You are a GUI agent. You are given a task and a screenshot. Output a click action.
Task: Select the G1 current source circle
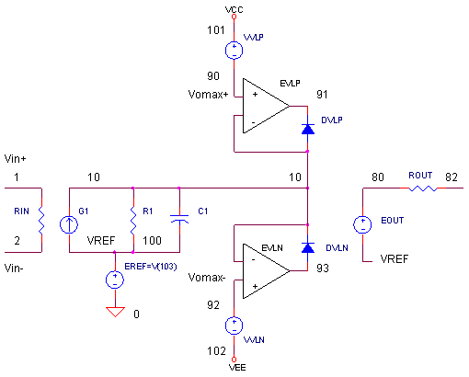coord(69,223)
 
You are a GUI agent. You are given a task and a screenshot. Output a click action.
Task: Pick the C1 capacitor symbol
coord(181,219)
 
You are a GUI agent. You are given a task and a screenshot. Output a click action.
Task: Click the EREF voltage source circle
coord(114,280)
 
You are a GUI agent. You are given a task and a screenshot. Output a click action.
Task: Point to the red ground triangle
coord(115,312)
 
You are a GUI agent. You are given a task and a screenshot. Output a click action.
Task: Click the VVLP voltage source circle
coord(234,50)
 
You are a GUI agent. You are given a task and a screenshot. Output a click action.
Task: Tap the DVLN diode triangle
coord(307,247)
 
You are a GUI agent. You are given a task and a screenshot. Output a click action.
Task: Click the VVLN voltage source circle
coord(234,325)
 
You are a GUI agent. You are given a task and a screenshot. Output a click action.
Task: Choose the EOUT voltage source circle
coord(363,224)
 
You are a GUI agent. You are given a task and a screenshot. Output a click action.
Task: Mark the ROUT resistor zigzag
coord(422,188)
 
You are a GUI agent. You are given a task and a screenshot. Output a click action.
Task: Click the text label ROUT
coord(420,175)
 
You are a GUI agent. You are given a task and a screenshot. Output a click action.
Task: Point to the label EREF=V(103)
coord(150,267)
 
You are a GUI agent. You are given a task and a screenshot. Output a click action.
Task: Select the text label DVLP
coord(332,120)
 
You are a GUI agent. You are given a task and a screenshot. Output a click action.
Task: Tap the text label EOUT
coord(393,222)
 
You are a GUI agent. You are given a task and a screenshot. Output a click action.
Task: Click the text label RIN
coord(21,211)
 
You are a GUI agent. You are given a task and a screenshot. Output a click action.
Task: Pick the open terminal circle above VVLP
coord(234,17)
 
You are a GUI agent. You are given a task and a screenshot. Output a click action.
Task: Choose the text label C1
coord(203,211)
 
